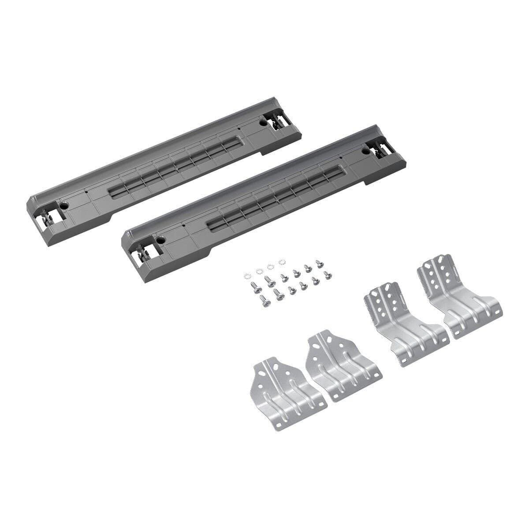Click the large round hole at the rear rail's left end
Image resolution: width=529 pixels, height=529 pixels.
[65, 205]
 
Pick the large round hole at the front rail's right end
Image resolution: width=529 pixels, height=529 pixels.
[365, 151]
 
